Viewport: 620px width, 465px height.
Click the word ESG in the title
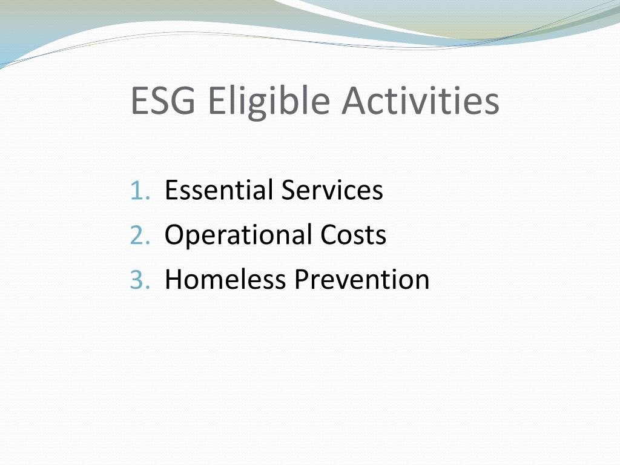coord(163,101)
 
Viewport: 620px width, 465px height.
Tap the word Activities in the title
coord(420,101)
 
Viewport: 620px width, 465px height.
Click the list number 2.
coord(138,235)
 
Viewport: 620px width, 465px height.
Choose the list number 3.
coord(138,280)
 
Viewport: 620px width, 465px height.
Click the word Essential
coord(219,190)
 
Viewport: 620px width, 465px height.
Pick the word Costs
coord(354,235)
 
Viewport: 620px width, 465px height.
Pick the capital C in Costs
coord(329,235)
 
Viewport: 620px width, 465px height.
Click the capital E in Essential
coord(171,190)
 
